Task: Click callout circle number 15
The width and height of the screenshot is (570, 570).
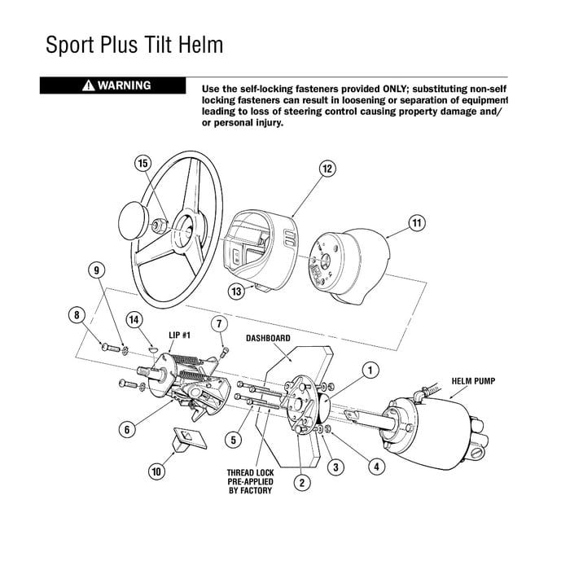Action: coord(142,164)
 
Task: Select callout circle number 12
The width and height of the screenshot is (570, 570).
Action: coord(327,169)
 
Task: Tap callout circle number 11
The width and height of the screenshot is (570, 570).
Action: coord(416,222)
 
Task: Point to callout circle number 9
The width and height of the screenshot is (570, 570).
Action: coord(97,270)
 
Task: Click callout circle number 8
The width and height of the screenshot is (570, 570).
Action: coord(77,314)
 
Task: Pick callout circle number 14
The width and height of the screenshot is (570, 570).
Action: coord(134,320)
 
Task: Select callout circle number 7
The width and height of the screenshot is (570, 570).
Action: coord(218,324)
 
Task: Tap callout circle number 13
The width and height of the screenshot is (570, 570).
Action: coord(236,290)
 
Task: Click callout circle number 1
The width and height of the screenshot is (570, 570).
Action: coord(370,370)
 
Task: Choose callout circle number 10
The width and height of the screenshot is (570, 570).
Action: coord(155,470)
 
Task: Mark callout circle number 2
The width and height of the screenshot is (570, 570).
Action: coord(301,483)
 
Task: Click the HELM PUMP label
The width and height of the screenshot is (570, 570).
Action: coord(472,380)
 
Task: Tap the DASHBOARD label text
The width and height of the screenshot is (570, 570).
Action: coord(267,337)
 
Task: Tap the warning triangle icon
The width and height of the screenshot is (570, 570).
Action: coord(88,85)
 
